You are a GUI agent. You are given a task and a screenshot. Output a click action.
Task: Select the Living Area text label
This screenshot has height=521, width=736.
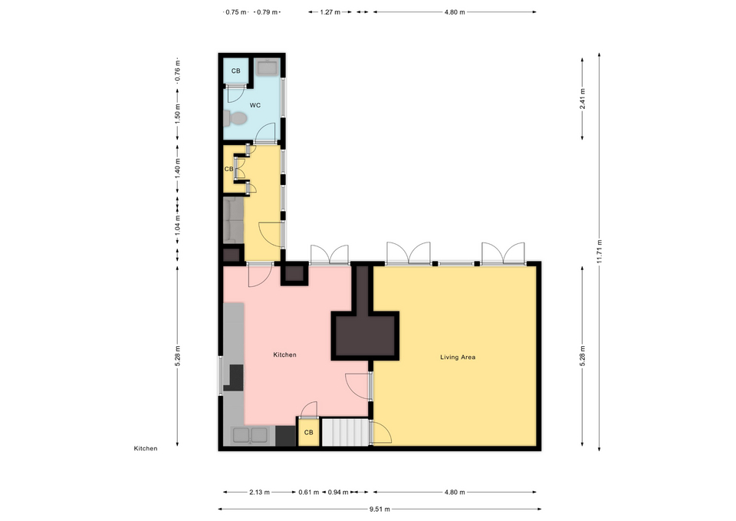[458, 357]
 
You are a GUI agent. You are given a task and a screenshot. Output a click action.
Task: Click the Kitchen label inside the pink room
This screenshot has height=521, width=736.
[284, 355]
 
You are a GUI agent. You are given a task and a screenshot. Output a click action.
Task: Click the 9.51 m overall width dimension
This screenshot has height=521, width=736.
[379, 509]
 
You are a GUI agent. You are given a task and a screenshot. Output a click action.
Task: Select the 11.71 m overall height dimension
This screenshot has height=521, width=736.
[600, 250]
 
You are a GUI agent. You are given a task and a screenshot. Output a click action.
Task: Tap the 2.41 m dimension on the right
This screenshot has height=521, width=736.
[583, 101]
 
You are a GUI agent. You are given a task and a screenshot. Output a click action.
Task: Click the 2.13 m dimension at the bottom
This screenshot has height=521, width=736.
[259, 493]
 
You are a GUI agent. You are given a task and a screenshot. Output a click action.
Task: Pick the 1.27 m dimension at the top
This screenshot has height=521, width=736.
[330, 12]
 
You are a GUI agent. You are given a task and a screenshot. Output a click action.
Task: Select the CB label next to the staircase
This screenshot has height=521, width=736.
[308, 433]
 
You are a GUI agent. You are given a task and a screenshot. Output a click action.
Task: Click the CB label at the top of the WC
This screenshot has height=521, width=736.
[235, 71]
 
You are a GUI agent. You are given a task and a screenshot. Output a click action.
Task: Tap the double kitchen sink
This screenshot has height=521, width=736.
[250, 435]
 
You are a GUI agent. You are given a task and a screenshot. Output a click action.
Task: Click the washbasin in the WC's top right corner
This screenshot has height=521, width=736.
[267, 69]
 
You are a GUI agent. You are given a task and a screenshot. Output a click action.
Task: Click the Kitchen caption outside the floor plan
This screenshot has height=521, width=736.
[146, 448]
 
